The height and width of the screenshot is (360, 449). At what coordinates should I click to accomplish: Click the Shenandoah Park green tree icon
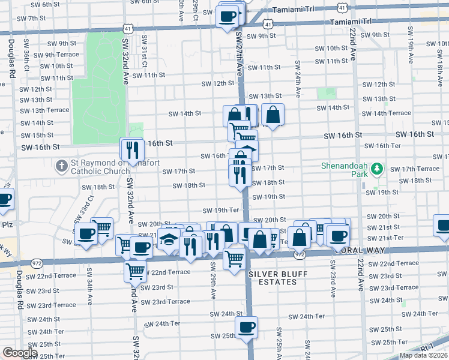coord(376,169)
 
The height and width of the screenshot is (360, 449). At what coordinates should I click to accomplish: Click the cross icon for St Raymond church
coord(61,165)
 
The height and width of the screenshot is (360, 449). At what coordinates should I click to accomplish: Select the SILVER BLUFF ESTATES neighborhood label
coord(272,278)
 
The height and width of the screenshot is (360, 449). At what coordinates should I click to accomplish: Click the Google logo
coord(20,353)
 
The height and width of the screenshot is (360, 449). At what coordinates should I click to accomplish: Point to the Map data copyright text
coord(423,355)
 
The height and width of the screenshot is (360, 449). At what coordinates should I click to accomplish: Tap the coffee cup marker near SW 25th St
coord(246,328)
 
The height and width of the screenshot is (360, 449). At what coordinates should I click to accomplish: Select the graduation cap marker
coord(169,239)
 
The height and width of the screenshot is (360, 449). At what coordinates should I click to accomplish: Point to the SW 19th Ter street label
coord(220,210)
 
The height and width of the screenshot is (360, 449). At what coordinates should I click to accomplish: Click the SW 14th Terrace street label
coord(391,113)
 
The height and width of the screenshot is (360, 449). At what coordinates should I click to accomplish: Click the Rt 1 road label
coord(427,347)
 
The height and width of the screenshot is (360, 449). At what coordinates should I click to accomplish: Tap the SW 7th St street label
coord(32,18)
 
